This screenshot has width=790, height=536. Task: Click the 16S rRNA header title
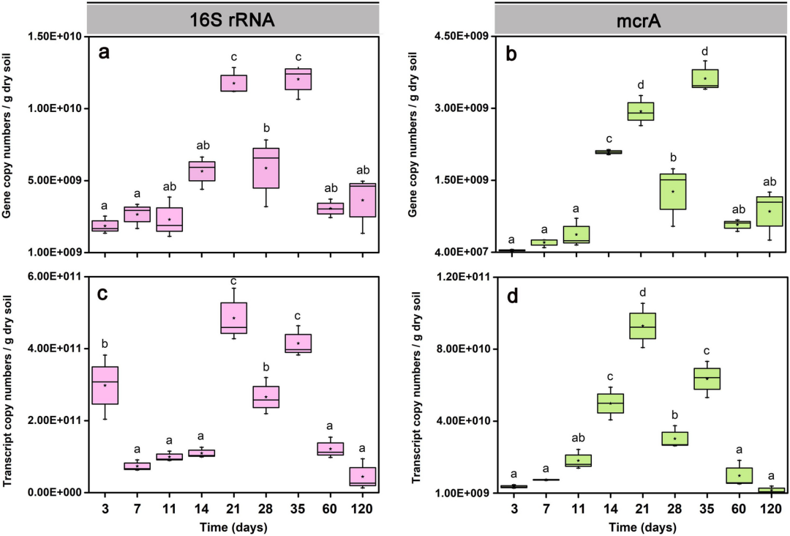[x=233, y=20]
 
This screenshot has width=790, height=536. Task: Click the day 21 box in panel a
[x=233, y=83]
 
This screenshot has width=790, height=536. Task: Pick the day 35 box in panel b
[x=705, y=78]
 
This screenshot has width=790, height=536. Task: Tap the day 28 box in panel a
[x=266, y=168]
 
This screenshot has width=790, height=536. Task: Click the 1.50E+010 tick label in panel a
[x=55, y=36]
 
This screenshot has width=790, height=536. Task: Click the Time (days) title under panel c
[x=233, y=526]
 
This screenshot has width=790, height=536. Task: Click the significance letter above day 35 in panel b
[x=705, y=51]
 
